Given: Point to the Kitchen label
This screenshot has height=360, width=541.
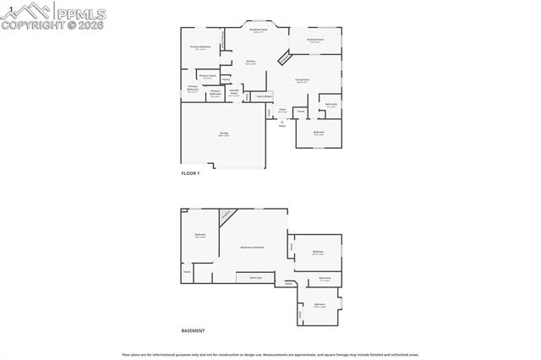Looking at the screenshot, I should (250, 62).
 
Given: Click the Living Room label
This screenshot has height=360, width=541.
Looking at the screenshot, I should (302, 80).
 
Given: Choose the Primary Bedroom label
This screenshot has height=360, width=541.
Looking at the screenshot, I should (200, 47).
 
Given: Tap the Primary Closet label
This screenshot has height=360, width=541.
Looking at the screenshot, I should (207, 76).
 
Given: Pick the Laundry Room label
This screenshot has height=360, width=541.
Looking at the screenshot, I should (234, 95).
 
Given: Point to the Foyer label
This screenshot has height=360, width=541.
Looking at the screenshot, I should (282, 108).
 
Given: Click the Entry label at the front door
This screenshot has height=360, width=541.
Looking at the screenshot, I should (282, 124).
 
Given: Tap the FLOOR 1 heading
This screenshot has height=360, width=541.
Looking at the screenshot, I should (190, 173).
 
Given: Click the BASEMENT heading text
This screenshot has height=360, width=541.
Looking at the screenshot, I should (193, 330).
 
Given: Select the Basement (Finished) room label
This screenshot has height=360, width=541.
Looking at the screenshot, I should (252, 248).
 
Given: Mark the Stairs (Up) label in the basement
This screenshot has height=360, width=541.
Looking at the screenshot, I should (254, 277).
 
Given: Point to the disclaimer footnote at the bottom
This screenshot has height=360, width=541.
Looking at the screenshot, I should (270, 355).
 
